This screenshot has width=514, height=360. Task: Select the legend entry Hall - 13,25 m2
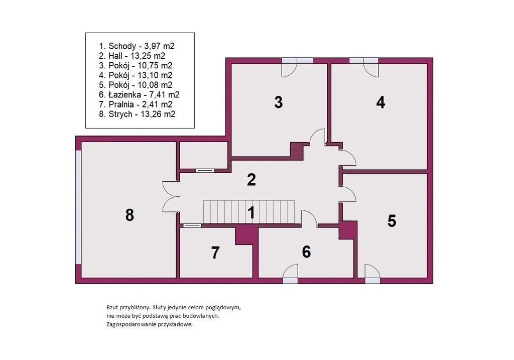[132, 56]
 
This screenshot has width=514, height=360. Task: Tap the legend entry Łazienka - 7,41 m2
[139, 95]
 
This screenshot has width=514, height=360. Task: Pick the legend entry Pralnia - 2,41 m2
[136, 104]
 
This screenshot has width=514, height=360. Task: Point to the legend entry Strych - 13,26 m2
[137, 114]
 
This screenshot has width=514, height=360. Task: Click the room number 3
[278, 102]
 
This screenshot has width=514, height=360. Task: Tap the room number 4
[380, 102]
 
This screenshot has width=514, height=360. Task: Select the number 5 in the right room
[392, 221]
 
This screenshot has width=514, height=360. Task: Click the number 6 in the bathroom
[306, 252]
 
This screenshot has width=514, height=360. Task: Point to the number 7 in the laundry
[215, 253]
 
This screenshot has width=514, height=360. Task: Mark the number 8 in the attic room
[130, 215]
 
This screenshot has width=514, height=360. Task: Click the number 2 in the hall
[251, 180]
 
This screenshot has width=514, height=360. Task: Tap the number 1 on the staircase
[251, 212]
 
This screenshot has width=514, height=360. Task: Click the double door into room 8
[171, 197]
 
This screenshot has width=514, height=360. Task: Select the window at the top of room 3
[298, 61]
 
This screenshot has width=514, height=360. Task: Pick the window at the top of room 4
[364, 61]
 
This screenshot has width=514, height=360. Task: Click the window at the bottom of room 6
[291, 281]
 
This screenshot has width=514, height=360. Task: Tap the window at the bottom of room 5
[372, 281]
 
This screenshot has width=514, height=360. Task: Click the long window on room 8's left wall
[78, 207]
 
